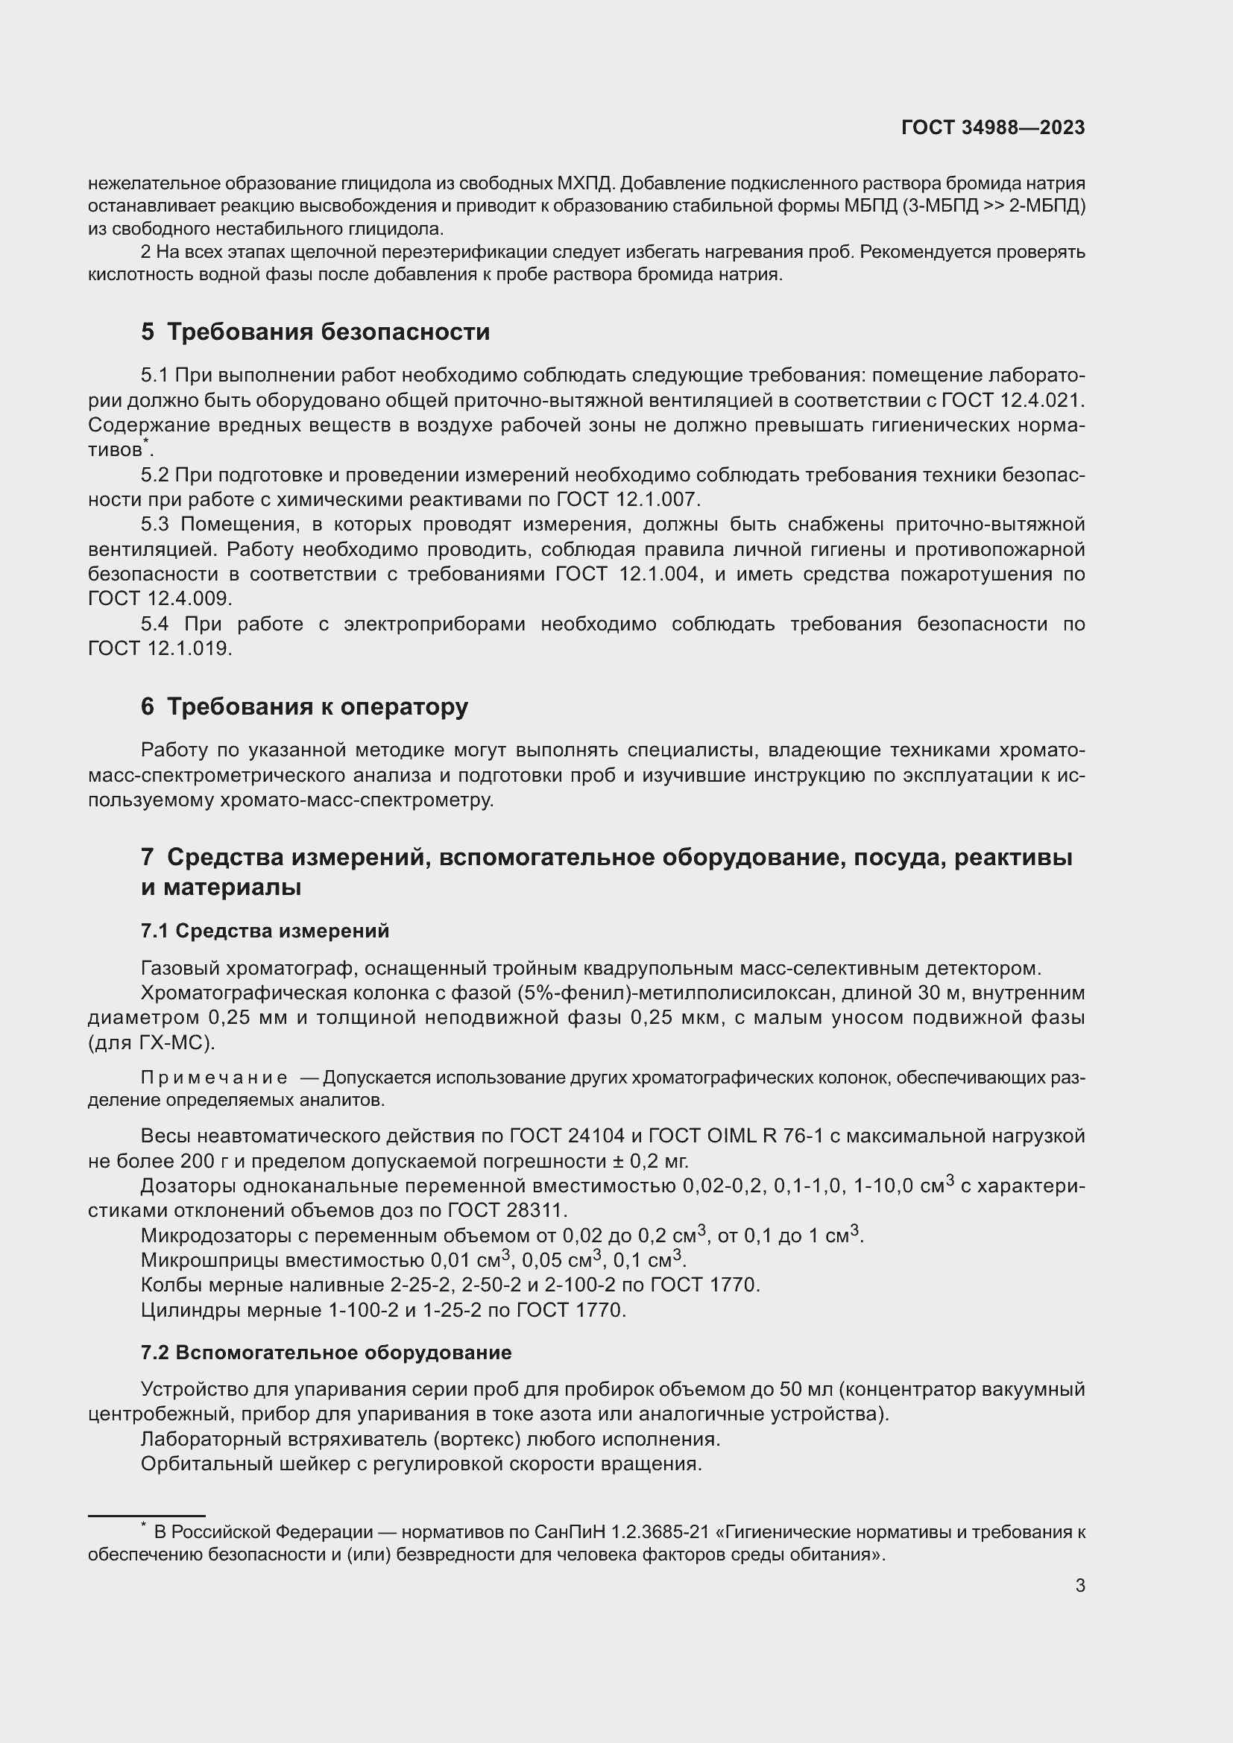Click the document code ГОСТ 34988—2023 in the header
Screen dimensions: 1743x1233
point(993,127)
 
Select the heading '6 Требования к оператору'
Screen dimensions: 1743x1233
point(304,706)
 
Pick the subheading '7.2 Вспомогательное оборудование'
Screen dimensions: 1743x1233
point(326,1352)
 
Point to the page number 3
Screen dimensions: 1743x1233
point(1079,1585)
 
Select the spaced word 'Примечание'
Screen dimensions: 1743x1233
point(214,1078)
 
